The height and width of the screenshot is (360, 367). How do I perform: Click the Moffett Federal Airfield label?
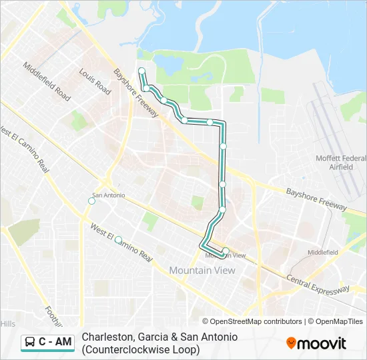[341, 162]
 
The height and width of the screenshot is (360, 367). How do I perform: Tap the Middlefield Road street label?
[47, 81]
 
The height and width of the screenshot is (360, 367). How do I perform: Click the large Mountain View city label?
[202, 270]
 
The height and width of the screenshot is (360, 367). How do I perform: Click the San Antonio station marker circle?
[92, 201]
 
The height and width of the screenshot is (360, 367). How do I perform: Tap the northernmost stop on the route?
[141, 71]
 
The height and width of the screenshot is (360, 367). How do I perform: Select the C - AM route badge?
[47, 342]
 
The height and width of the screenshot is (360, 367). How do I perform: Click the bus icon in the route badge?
[30, 342]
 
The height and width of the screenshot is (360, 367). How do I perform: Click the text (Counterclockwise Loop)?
[140, 349]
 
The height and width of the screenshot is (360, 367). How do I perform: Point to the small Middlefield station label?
[323, 253]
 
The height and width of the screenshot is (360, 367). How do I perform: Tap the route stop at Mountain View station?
[226, 251]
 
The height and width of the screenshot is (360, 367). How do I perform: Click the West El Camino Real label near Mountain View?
[122, 244]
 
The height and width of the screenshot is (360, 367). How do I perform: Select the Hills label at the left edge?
[7, 323]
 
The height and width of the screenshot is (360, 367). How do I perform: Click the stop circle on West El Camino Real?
[118, 239]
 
